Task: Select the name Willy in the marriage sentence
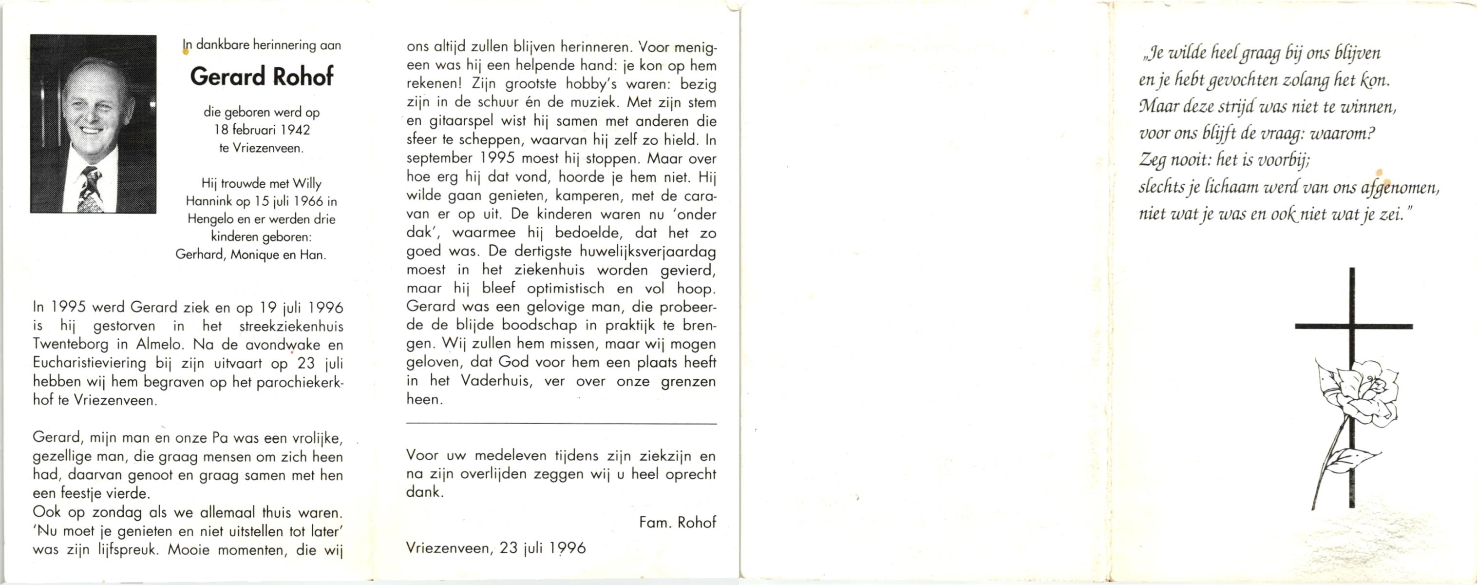pos(307,183)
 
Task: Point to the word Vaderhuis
pos(495,381)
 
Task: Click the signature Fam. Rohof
pos(677,523)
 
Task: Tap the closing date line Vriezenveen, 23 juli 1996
pos(496,548)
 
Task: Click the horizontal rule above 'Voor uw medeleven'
pos(561,424)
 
